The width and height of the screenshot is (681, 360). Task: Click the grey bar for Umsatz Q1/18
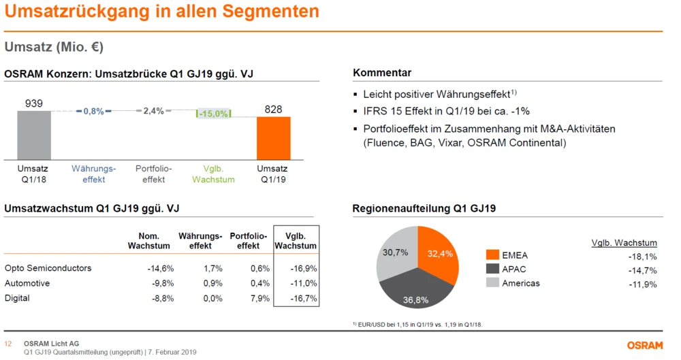34,135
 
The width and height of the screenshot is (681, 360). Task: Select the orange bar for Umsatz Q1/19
273,137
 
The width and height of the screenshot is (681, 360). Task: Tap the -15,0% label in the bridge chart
213,114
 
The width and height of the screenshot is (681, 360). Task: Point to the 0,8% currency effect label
93,111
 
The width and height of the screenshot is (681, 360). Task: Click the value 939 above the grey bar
34,103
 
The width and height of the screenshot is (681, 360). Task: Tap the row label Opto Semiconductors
48,268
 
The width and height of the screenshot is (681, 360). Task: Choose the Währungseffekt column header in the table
200,241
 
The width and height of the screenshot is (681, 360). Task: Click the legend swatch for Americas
493,283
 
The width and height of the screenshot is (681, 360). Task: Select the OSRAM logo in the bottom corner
644,346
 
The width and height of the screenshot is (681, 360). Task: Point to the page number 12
8,344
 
